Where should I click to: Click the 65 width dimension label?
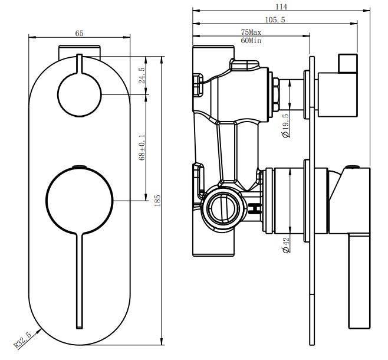(79, 33)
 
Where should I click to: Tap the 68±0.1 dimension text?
(142, 148)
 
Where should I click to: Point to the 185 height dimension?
(157, 200)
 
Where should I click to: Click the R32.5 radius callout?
(23, 340)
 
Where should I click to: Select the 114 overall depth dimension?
(281, 6)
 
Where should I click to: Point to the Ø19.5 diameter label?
(285, 125)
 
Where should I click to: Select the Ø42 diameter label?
(285, 245)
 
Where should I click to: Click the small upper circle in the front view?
(80, 94)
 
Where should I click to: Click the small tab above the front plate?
(80, 52)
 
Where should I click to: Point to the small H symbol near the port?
(255, 208)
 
